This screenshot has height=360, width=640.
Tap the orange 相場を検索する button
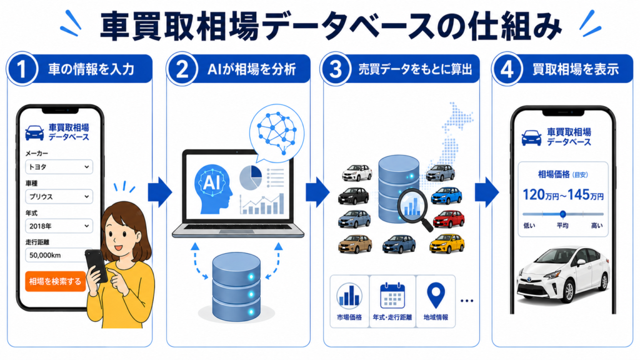(56, 281)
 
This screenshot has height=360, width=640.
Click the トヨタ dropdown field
(59, 166)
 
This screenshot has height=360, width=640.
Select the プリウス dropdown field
(59, 196)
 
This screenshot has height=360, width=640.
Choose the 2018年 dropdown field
(59, 226)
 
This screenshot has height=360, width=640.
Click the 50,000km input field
(57, 255)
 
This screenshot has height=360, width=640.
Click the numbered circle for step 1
(22, 69)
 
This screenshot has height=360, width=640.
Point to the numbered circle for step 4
(507, 69)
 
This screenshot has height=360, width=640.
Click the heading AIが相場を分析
(251, 69)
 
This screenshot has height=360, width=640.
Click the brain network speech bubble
(277, 132)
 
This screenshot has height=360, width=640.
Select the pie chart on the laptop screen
(250, 177)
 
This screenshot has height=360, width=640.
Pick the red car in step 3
(449, 219)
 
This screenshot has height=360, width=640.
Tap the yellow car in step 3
(447, 244)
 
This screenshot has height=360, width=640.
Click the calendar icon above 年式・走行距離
(392, 296)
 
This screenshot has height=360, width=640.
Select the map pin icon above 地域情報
(436, 296)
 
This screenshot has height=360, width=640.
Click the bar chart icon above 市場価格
(349, 295)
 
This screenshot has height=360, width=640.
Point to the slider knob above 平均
(563, 214)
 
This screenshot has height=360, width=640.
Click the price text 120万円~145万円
(563, 195)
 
